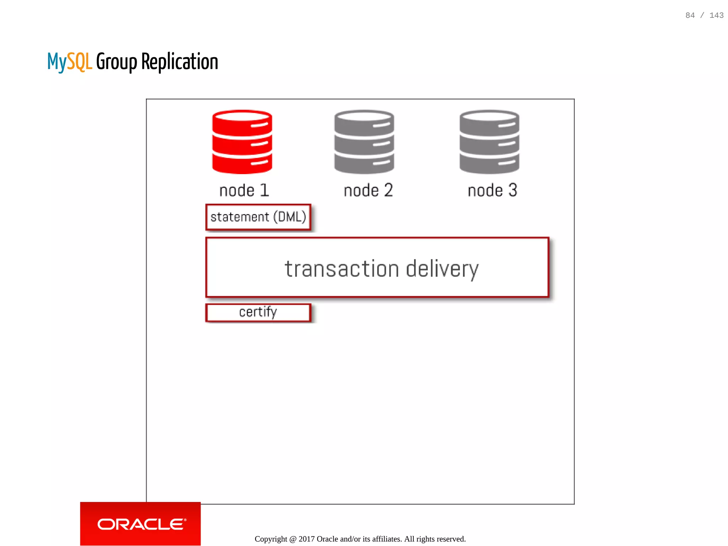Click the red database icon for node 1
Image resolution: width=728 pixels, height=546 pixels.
click(x=242, y=142)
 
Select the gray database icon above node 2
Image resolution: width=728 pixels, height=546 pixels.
click(x=364, y=142)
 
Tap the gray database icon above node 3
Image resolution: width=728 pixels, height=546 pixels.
click(x=489, y=142)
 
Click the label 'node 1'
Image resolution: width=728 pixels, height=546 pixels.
click(x=244, y=190)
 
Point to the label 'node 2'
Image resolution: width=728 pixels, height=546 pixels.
click(x=368, y=190)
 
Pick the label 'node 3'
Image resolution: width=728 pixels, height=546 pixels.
click(x=492, y=190)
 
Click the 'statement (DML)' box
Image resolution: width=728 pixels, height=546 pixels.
click(x=258, y=217)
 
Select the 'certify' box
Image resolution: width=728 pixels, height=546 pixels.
click(x=258, y=313)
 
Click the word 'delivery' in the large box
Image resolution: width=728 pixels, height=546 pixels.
click(x=442, y=269)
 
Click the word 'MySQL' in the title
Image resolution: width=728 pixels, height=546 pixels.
click(x=70, y=62)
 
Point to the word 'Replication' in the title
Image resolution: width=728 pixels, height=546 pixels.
click(x=180, y=62)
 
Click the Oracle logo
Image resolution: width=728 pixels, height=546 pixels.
click(x=141, y=524)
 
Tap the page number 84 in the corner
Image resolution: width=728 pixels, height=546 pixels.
click(x=690, y=15)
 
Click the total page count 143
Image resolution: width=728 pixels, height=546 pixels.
click(x=716, y=15)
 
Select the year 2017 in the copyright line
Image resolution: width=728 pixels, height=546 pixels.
click(x=306, y=539)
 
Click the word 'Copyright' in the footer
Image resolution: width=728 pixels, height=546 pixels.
click(x=271, y=539)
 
